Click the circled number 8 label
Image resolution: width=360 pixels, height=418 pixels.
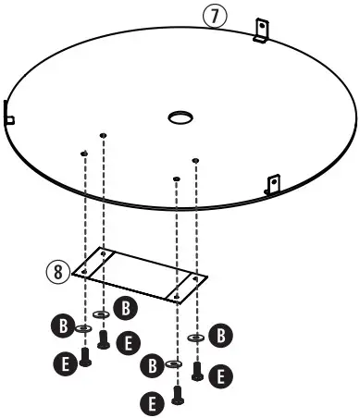point(58,271)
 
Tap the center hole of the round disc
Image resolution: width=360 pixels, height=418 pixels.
point(179,117)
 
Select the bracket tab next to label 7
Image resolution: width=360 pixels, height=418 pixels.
point(262,30)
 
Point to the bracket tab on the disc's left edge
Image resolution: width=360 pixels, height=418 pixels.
point(8,117)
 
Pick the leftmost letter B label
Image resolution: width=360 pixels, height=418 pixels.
point(60,326)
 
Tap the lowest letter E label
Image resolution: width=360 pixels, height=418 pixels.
point(151,401)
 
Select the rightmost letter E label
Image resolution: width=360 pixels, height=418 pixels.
point(222,375)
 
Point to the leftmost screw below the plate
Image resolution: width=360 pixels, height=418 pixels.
point(85,356)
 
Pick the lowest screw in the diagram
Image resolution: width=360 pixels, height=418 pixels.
point(176,395)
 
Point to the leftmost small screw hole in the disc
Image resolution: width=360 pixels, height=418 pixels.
point(84,153)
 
